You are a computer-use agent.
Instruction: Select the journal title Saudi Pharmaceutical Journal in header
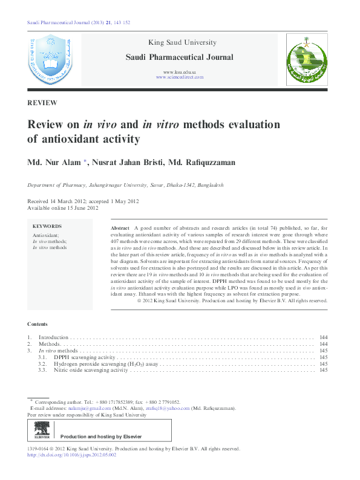(x=179, y=57)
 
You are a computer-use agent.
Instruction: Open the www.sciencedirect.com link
(x=179, y=77)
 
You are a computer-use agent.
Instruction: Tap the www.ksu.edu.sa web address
(x=179, y=72)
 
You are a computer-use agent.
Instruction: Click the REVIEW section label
(x=42, y=103)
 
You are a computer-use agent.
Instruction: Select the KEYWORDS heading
(x=47, y=226)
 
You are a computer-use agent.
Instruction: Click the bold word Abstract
(x=120, y=227)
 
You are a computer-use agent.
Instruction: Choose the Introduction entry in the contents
(x=54, y=337)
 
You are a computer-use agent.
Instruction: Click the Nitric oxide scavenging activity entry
(x=91, y=370)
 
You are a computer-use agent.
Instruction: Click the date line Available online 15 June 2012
(x=63, y=208)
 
